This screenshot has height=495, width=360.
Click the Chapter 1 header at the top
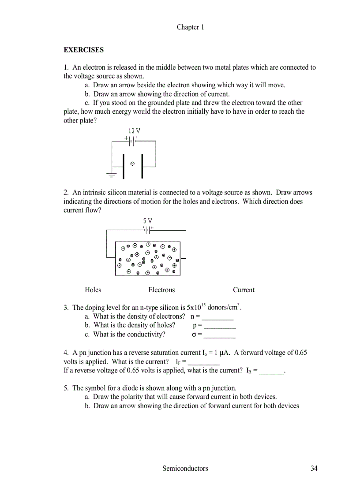click(x=190, y=27)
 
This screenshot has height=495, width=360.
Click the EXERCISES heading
click(x=84, y=50)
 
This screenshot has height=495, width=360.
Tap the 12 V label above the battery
click(x=134, y=131)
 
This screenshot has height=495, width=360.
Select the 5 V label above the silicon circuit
click(x=148, y=220)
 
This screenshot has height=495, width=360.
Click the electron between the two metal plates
click(x=132, y=164)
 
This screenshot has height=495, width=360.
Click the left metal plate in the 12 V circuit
click(x=124, y=166)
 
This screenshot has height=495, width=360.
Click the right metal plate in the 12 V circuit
click(x=142, y=166)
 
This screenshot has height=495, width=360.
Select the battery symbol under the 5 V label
click(x=147, y=230)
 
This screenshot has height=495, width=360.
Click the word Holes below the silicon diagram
click(x=93, y=290)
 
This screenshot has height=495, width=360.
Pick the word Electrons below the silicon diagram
click(x=161, y=290)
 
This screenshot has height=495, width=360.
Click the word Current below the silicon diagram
click(x=244, y=290)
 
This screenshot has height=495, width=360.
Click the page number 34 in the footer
click(x=314, y=468)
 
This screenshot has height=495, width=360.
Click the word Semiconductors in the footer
click(x=185, y=468)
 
